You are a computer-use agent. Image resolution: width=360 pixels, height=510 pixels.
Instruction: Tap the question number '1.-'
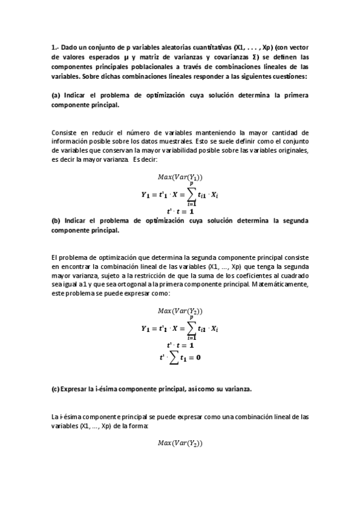[x=55, y=48]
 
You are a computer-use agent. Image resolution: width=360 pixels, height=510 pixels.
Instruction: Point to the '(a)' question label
[x=56, y=95]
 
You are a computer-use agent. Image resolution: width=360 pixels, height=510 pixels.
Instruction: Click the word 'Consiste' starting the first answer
[x=65, y=132]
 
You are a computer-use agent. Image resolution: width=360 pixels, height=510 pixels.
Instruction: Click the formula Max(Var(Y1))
[x=180, y=177]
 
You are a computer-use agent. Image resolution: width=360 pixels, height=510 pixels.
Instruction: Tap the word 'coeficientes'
[x=243, y=275]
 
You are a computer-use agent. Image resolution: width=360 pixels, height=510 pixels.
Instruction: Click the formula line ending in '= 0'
[x=180, y=357]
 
